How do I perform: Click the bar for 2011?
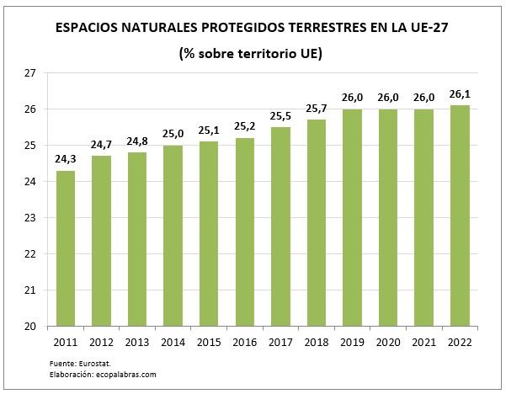[x=66, y=248]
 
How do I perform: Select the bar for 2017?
[x=280, y=226]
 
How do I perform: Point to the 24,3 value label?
[x=66, y=157]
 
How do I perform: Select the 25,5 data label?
[x=280, y=114]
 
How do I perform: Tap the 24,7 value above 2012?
[x=101, y=143]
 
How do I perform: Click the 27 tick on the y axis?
[x=29, y=74]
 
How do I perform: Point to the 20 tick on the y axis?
[x=29, y=327]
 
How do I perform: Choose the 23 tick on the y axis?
[x=29, y=218]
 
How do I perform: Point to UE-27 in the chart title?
[x=426, y=27]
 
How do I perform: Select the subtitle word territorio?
[x=269, y=53]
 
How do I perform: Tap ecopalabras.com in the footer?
[x=127, y=375]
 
